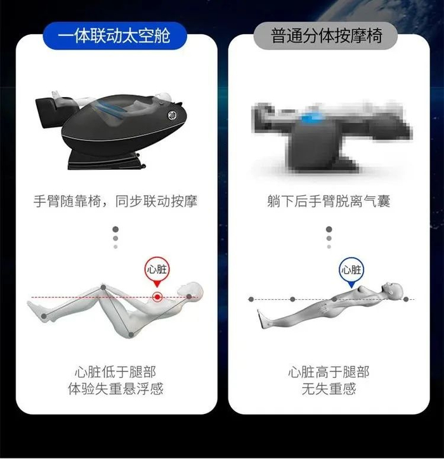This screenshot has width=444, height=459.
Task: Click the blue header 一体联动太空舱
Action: click(x=115, y=36)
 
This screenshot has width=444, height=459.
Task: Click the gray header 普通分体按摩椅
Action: click(x=326, y=36)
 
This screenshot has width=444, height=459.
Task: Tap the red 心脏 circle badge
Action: click(x=157, y=269)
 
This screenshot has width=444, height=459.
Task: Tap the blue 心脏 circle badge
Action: click(x=351, y=269)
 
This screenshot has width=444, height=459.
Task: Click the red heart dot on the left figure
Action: click(x=157, y=297)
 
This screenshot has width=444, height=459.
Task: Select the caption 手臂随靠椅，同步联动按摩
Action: click(x=115, y=201)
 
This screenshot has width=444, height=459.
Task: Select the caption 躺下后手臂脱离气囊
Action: click(x=329, y=201)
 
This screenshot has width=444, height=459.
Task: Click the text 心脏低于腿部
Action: click(x=115, y=372)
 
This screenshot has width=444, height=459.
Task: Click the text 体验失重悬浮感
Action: click(x=115, y=389)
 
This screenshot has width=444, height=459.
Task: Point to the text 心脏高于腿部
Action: click(x=329, y=372)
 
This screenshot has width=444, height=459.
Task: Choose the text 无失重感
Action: click(x=329, y=389)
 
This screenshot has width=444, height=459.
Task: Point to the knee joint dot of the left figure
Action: click(x=103, y=287)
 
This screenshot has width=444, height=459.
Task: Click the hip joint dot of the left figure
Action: click(x=131, y=335)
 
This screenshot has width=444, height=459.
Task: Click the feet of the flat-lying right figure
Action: click(x=263, y=318)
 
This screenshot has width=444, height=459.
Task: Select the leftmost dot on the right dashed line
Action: click(x=251, y=299)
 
